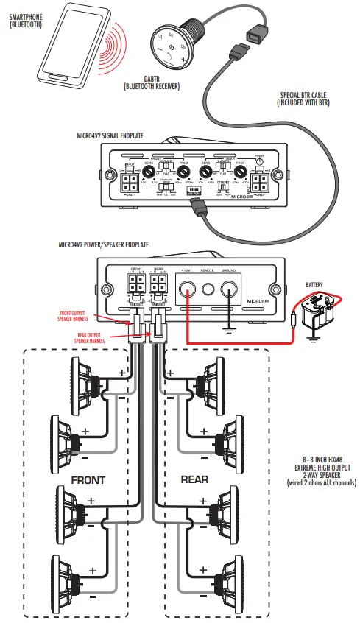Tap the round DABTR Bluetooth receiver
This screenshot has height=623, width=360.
[x=172, y=38]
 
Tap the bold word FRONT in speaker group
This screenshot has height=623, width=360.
[x=88, y=479]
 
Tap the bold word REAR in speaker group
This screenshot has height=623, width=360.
[x=194, y=479]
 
